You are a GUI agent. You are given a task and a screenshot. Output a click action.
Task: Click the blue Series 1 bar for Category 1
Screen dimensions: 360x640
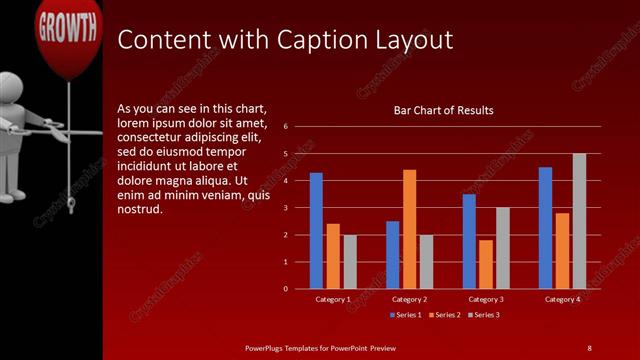(x=316, y=230)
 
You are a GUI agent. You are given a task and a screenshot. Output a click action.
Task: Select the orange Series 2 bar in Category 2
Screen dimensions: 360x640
(x=409, y=229)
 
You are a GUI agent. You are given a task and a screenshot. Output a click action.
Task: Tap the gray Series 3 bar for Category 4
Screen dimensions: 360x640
(x=579, y=221)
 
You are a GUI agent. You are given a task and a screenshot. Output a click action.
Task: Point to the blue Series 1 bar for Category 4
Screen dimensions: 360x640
(x=545, y=227)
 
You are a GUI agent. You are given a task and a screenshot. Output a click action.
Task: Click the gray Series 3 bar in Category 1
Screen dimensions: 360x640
(x=350, y=261)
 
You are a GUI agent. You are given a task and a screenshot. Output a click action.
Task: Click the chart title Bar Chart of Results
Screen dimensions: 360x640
(x=443, y=110)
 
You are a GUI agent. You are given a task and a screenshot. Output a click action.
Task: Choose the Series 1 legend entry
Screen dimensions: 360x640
(x=405, y=315)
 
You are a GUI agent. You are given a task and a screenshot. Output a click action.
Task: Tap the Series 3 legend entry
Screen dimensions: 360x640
(x=483, y=315)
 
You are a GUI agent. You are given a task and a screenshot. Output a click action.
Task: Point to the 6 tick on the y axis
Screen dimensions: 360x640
(x=286, y=127)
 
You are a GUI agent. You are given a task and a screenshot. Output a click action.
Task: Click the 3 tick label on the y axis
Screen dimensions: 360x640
(x=286, y=208)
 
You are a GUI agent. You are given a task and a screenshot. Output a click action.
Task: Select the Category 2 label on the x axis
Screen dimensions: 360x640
(x=409, y=299)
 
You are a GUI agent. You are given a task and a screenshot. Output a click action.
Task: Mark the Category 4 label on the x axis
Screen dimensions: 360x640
(x=562, y=299)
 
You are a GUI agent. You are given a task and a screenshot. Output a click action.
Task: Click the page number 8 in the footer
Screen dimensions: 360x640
(x=589, y=347)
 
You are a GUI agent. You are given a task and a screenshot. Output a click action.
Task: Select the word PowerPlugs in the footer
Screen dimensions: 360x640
(x=267, y=347)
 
